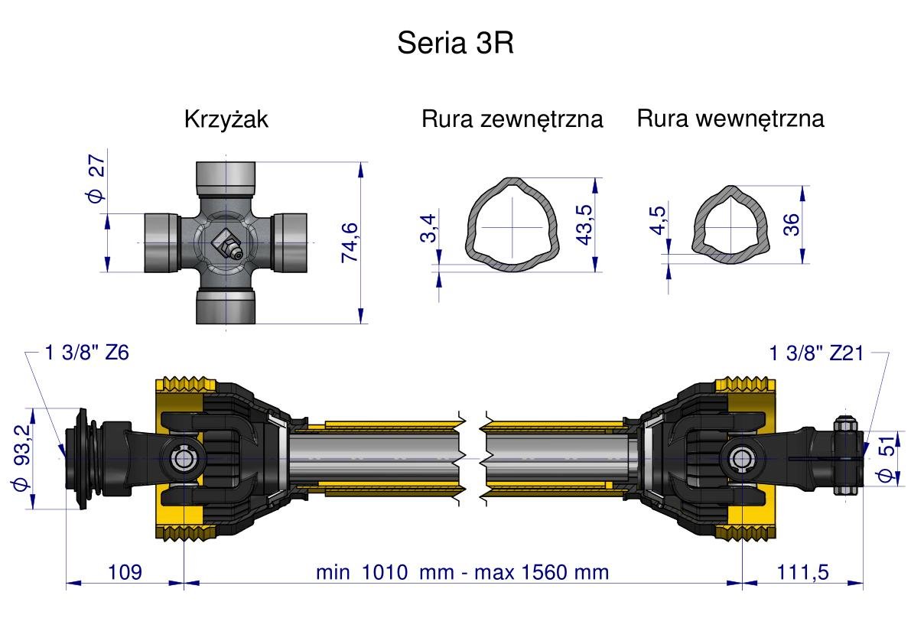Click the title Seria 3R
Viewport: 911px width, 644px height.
[455, 44]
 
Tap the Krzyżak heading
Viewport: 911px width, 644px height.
[226, 120]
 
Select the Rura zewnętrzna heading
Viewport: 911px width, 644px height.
[512, 119]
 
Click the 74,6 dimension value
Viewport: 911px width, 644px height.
[351, 242]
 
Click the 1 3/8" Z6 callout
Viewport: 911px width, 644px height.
[87, 353]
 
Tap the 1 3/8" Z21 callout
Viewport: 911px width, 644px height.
[816, 353]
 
